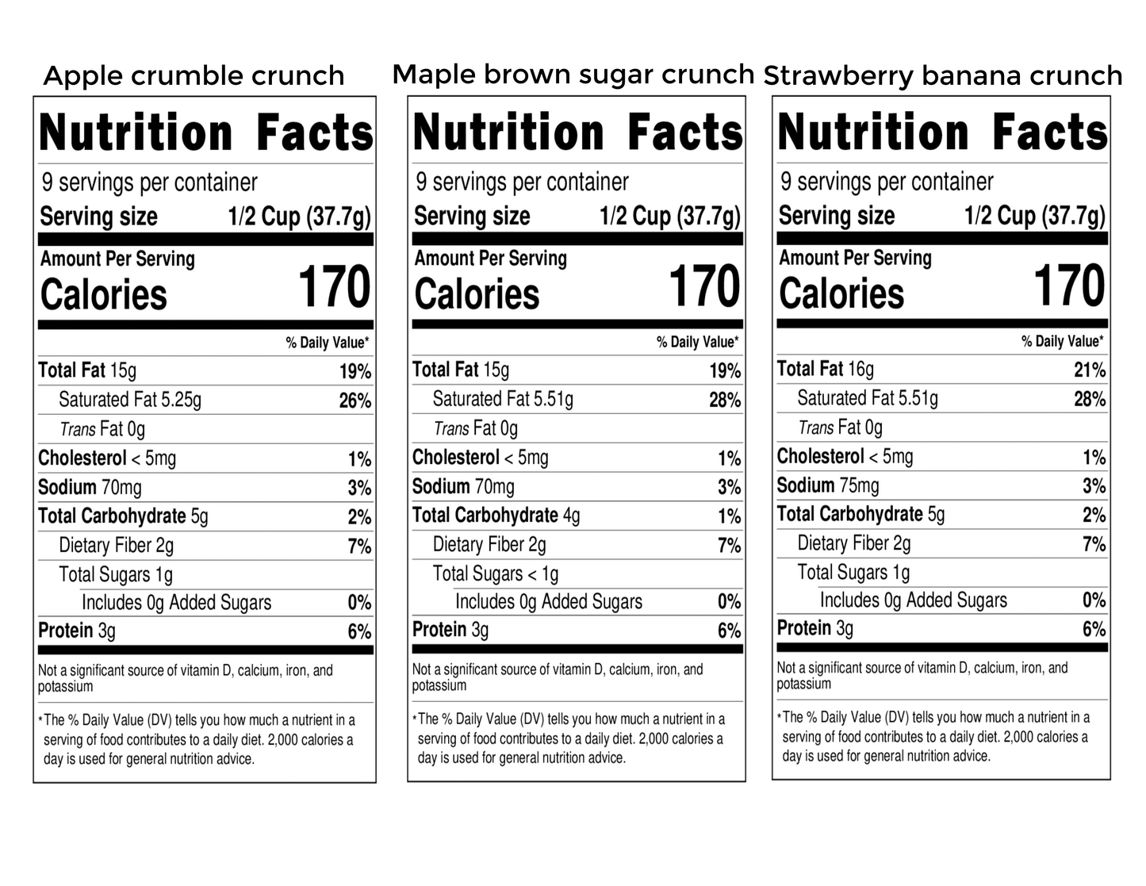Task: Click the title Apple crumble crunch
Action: point(194,76)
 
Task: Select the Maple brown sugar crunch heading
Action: point(573,75)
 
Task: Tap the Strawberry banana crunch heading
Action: point(943,76)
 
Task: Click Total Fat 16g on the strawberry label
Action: point(825,369)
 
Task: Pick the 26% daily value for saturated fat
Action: point(355,401)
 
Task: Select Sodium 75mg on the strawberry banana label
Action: point(828,485)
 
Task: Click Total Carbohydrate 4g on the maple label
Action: point(496,516)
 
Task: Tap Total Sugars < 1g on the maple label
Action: point(496,573)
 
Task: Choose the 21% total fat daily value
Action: point(1089,370)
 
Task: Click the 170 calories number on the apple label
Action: point(334,287)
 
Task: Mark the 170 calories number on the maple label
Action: point(704,286)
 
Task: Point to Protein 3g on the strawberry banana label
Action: point(815,628)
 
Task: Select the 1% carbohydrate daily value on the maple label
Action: point(729,517)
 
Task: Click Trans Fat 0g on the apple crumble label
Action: point(102,430)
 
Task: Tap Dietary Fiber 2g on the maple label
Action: point(489,545)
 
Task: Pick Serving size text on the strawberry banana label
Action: point(837,216)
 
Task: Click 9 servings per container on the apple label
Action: point(150,183)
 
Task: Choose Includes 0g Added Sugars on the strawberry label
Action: point(913,600)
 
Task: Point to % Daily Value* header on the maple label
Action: point(697,343)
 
